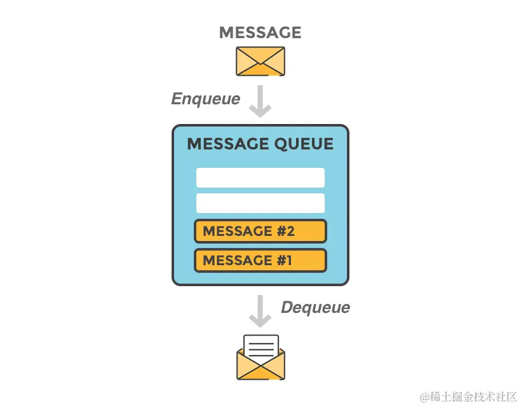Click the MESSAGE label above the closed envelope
pos(260,32)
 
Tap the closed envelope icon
pos(260,61)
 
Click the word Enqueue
pos(206,99)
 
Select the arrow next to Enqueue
pos(260,102)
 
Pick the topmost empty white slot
pos(260,177)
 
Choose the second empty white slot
pos(260,203)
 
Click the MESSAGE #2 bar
pos(260,231)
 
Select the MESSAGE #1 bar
pos(260,260)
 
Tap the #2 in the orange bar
pos(285,231)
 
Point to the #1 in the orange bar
pos(284,260)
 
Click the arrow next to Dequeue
pos(260,310)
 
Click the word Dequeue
pos(315,308)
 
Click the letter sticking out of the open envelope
pos(260,347)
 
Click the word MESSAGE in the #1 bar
pos(237,260)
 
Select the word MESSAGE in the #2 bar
pos(237,231)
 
